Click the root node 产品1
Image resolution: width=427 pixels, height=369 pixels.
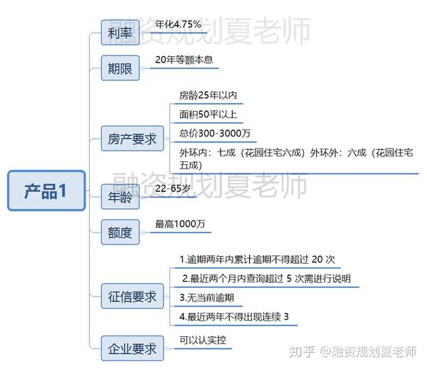pyautogui.click(x=46, y=191)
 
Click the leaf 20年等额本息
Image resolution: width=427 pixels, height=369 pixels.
pyautogui.click(x=184, y=60)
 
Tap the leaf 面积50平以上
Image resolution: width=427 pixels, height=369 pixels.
pyautogui.click(x=209, y=114)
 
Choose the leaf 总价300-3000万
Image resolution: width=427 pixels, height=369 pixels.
pyautogui.click(x=214, y=133)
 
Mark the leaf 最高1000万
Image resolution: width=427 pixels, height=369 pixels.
pyautogui.click(x=180, y=224)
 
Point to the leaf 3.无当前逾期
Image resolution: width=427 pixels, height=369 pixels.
pyautogui.click(x=206, y=297)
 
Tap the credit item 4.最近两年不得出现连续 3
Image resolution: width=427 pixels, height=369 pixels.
pyautogui.click(x=234, y=316)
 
